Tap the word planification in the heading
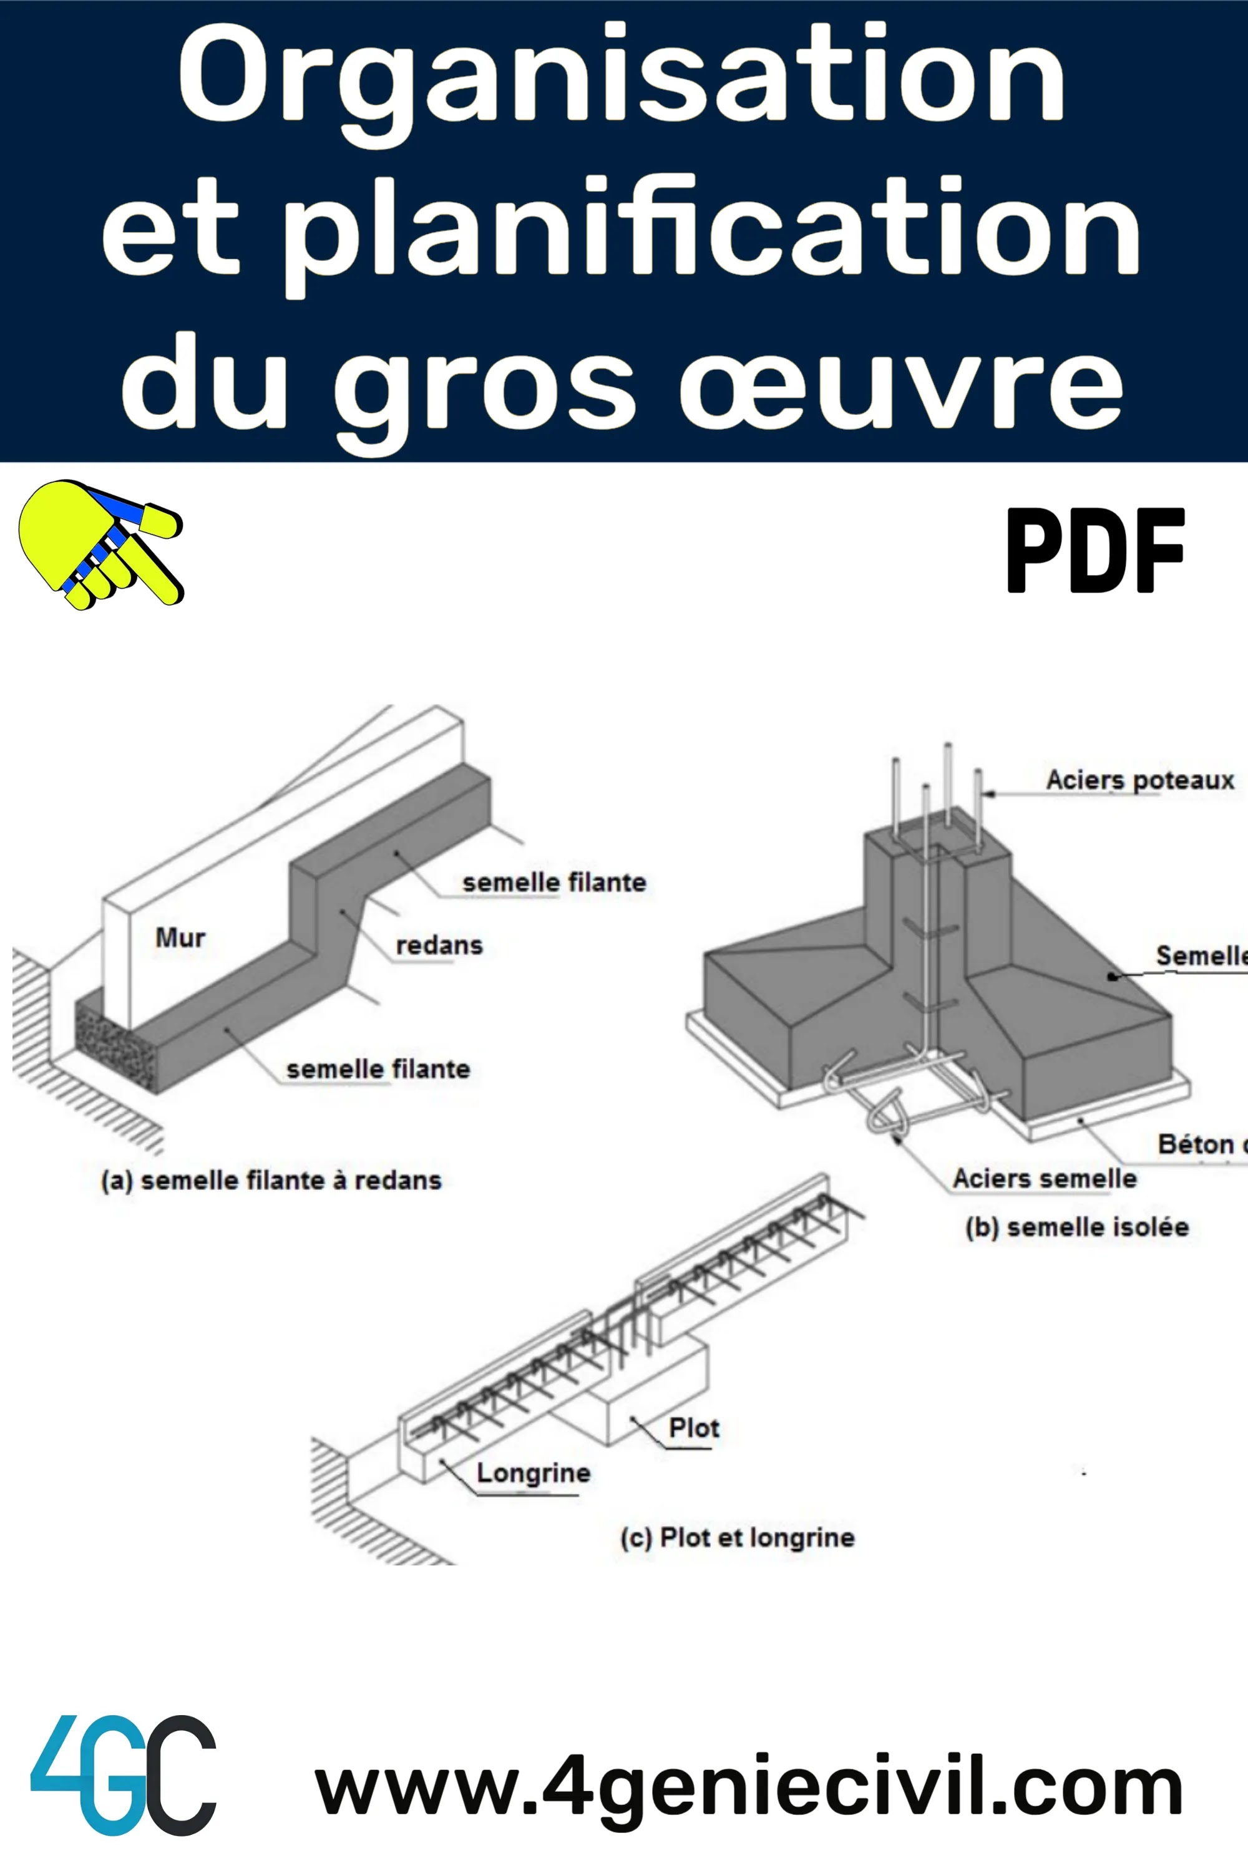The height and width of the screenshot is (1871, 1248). click(713, 231)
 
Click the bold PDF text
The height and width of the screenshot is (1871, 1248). click(1095, 551)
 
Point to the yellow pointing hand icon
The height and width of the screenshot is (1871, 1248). click(99, 545)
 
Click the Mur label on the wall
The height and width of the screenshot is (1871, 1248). click(180, 938)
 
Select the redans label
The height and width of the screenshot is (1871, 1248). click(439, 945)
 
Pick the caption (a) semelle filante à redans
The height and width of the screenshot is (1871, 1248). click(271, 1180)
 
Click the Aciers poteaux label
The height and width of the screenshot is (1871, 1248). click(1140, 780)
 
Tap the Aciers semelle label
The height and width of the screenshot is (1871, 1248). click(1044, 1178)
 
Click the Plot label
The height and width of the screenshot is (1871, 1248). click(694, 1428)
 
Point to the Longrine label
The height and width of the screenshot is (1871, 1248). click(534, 1472)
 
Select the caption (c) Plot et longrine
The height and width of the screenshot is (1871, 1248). click(737, 1537)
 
